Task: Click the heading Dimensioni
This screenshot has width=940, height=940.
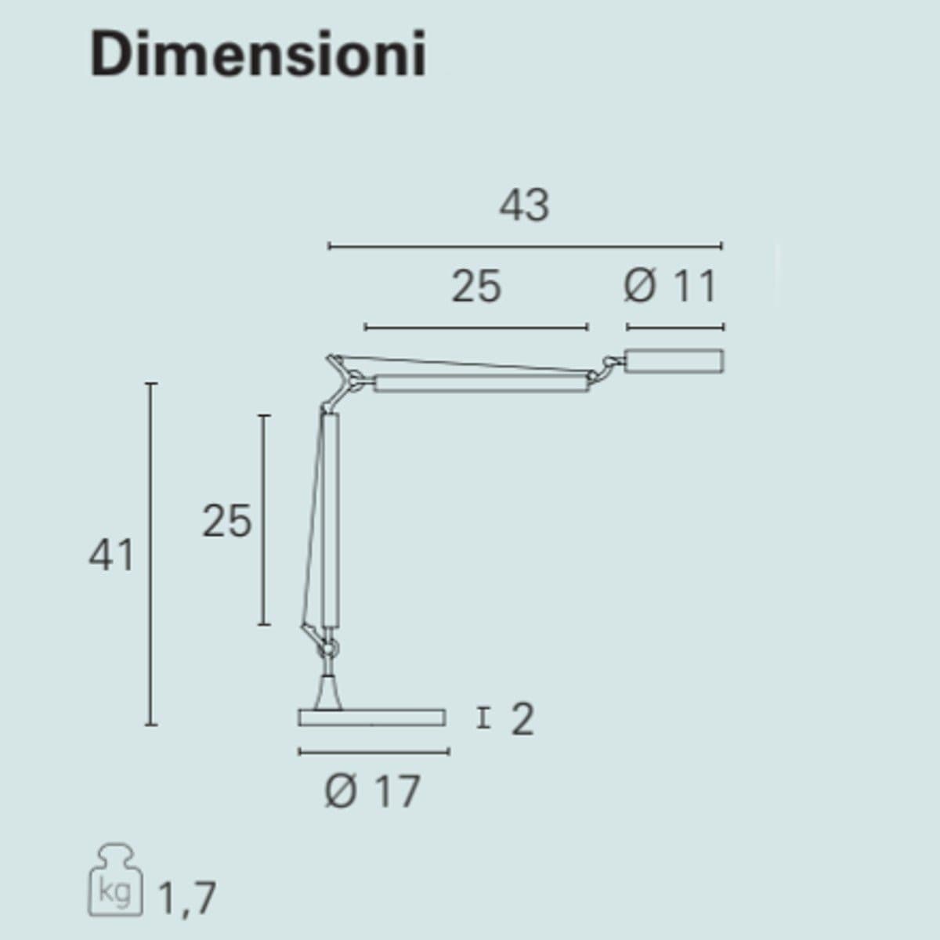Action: click(258, 54)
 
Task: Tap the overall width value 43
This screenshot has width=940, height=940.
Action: click(524, 205)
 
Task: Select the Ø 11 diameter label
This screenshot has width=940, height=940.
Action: click(670, 287)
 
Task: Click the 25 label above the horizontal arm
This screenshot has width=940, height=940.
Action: click(476, 287)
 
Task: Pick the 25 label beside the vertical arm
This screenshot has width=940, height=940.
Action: click(227, 521)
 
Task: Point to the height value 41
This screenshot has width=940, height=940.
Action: click(111, 555)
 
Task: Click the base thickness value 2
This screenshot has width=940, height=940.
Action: click(522, 719)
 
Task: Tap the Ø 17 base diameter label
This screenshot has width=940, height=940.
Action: click(372, 790)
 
